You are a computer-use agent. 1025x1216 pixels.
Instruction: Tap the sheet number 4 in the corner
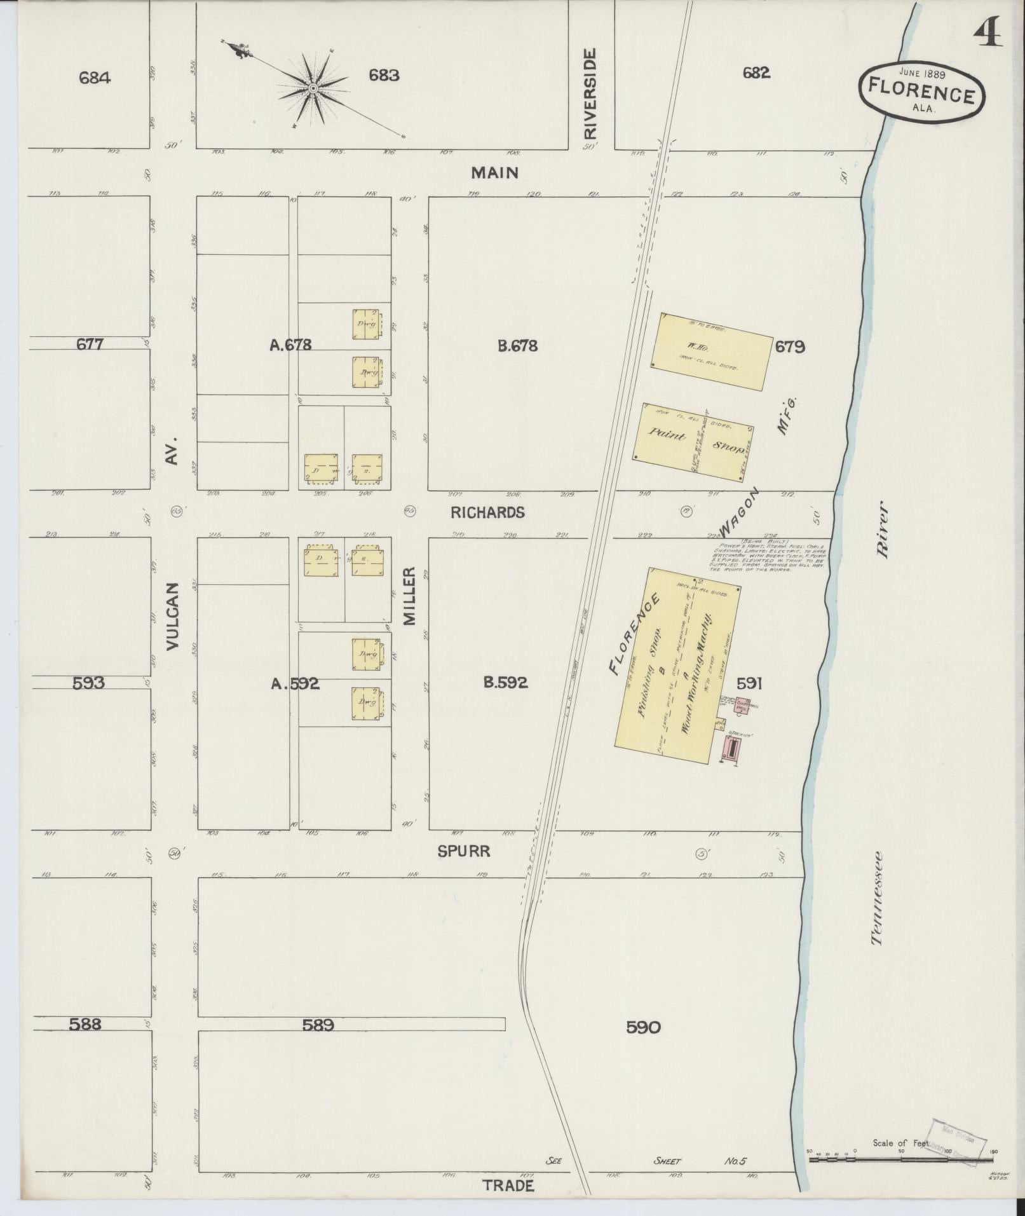[x=987, y=32]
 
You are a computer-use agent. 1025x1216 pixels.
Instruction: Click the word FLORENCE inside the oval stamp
[x=921, y=91]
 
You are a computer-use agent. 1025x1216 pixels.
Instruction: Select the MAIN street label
[x=495, y=172]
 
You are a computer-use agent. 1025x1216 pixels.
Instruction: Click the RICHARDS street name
[x=487, y=512]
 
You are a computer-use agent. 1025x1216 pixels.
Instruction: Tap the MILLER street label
[x=409, y=596]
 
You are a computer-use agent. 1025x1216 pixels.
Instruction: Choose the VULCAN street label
[x=173, y=616]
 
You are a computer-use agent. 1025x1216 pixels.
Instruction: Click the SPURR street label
[x=464, y=852]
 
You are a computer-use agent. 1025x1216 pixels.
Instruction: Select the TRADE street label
[x=508, y=1186]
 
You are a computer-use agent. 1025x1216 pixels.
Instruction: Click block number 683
[x=384, y=76]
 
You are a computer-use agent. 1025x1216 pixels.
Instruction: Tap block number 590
[x=643, y=1027]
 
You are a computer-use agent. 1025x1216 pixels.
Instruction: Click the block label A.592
[x=295, y=683]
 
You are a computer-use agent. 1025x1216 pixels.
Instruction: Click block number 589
[x=318, y=1025]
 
